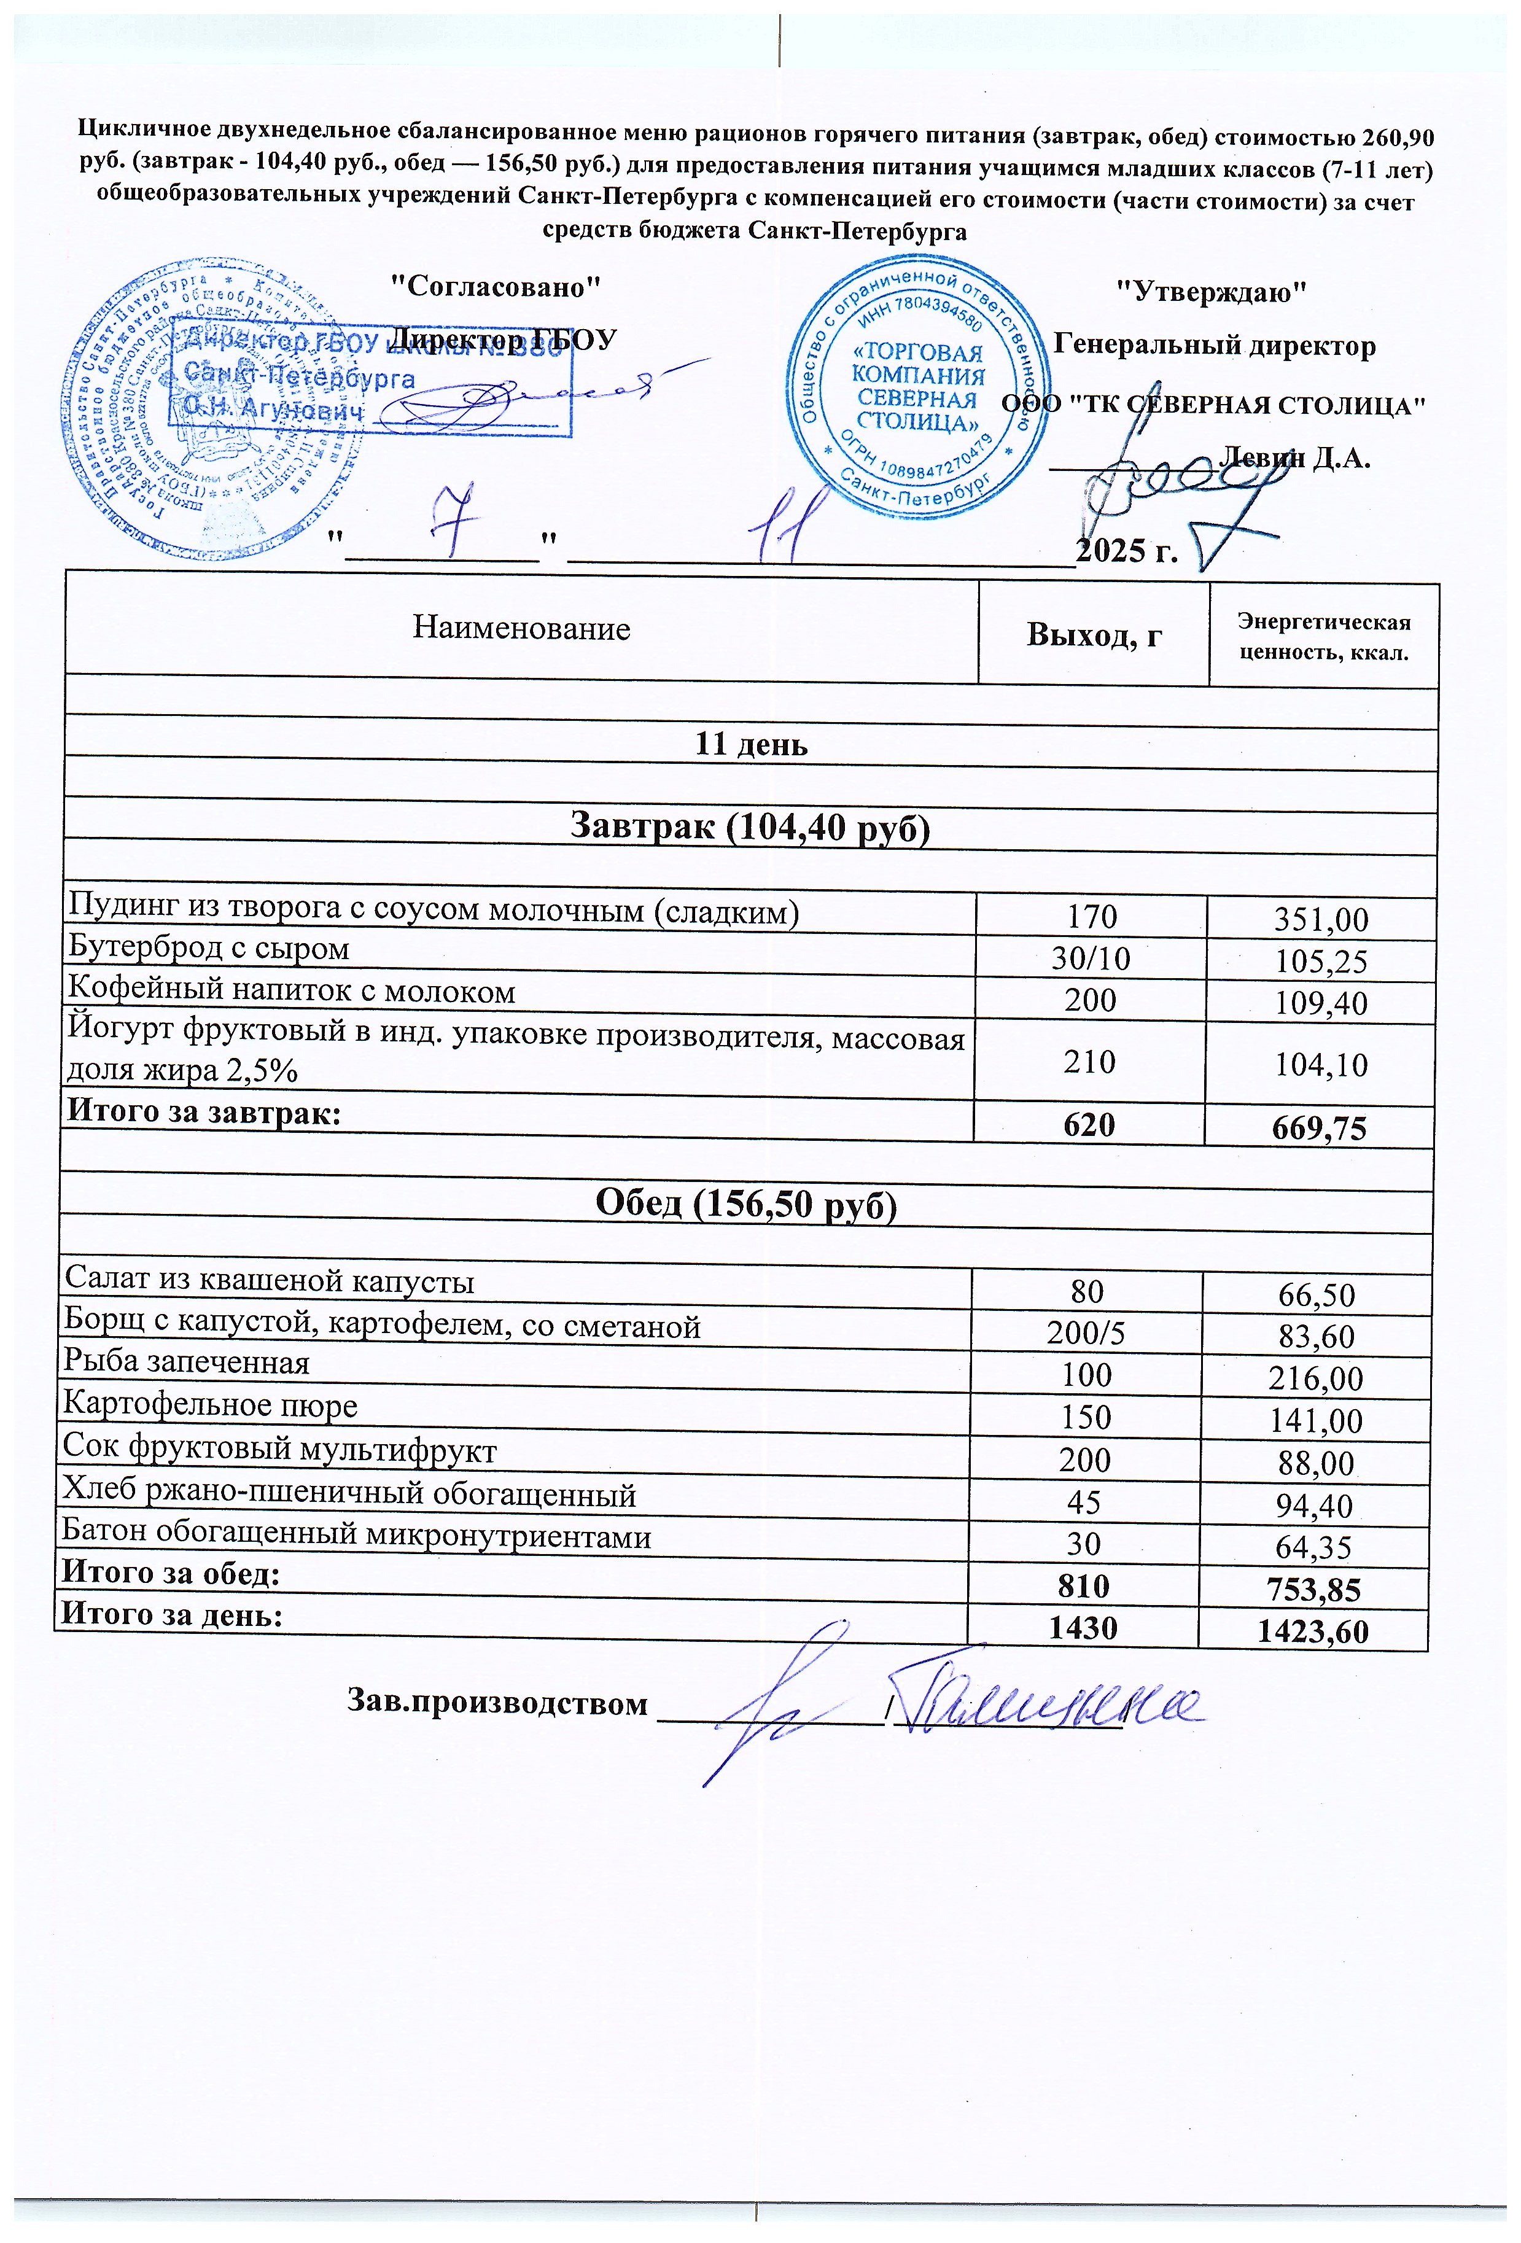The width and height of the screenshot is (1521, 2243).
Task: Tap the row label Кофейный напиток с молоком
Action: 290,992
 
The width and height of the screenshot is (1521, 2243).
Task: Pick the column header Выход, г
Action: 1094,635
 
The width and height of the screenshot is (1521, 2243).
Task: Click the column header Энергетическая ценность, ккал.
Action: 1323,637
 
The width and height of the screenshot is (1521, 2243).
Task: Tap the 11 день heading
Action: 751,745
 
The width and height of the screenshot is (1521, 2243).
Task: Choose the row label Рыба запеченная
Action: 186,1363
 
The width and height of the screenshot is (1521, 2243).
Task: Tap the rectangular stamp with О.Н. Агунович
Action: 371,380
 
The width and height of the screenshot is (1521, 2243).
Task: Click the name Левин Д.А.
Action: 1294,457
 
